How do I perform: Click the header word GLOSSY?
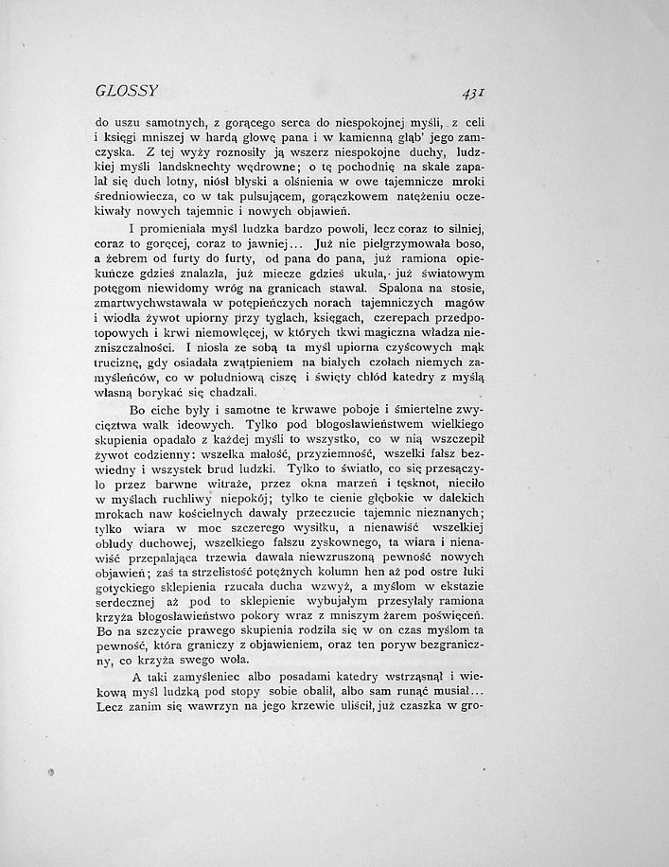click(x=126, y=92)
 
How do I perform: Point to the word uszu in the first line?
click(x=132, y=121)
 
